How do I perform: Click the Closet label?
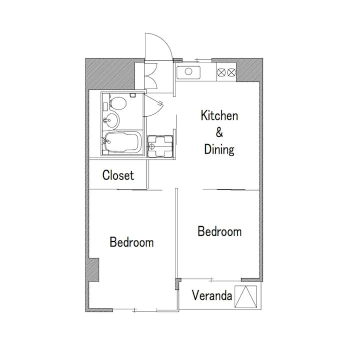point(118,175)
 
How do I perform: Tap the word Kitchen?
point(219,115)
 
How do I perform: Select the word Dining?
point(219,149)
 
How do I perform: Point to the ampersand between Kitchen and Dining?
point(219,132)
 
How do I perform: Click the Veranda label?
point(212,295)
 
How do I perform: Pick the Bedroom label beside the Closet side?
point(131,242)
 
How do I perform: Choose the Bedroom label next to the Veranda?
point(219,231)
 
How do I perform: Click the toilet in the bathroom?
point(118,103)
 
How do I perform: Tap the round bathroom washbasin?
point(111,120)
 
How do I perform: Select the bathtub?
point(122,142)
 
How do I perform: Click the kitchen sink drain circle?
point(188,71)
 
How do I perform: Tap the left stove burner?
point(221,72)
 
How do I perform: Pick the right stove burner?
point(231,72)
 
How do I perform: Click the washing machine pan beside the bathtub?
point(160,146)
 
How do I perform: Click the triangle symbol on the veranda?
point(246,296)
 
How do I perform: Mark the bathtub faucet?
point(105,140)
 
